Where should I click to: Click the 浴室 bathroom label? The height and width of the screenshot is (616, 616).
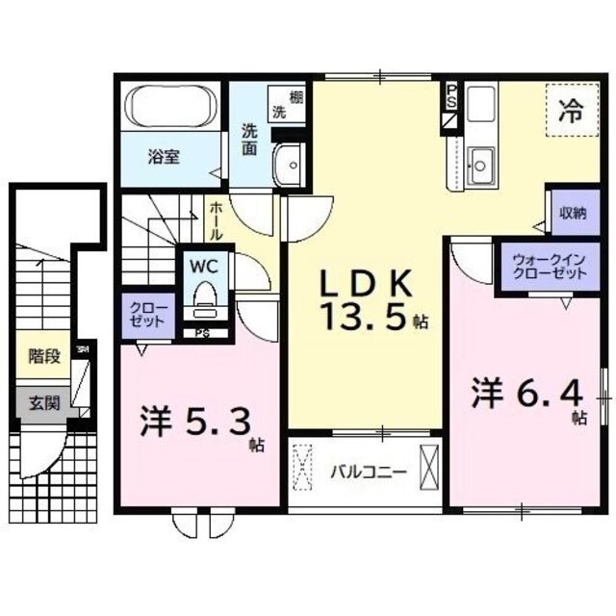163,157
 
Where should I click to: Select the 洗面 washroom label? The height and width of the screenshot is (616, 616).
249,140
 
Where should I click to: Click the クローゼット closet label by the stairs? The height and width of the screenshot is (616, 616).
149,314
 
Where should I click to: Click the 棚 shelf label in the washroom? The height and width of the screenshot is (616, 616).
296,96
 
